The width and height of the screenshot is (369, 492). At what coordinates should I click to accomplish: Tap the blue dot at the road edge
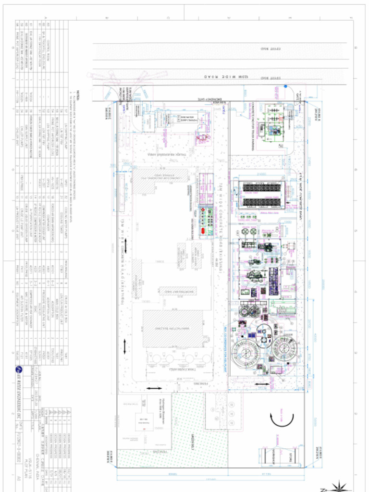click(285, 86)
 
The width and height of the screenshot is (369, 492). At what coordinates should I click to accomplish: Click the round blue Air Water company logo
click(17, 370)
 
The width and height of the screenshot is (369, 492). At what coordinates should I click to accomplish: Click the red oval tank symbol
click(203, 231)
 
